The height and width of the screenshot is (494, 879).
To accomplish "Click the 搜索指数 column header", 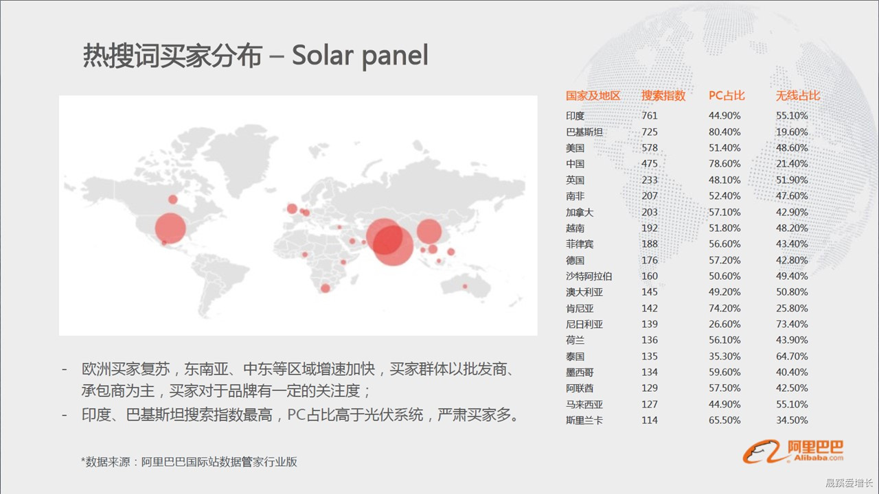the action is point(663,95).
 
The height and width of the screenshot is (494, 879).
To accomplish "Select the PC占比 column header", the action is point(727,95).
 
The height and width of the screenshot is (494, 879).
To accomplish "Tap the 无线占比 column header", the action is point(798,95).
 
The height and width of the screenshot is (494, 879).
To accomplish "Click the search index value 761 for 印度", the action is point(650,116).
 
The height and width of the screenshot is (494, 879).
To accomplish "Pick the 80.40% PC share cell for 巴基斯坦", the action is point(724,132).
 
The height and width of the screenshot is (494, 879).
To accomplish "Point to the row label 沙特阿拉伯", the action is point(589,276).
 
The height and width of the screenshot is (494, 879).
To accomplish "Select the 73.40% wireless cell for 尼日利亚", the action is point(792,325).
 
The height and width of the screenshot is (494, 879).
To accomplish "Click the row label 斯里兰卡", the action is point(584,421).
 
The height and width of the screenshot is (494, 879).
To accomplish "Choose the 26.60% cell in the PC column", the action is point(724,325).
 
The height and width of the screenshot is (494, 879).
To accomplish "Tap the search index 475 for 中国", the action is point(650,163).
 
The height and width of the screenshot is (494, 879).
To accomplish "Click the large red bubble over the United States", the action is point(170,228).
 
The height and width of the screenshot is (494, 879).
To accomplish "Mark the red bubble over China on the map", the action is point(429,231).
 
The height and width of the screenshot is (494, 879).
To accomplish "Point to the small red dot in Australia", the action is point(465,287).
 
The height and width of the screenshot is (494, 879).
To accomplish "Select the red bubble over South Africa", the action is point(326,289).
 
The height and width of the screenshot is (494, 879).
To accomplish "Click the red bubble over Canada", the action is point(173,200).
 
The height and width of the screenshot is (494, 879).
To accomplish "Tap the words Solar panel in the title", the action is point(360,56).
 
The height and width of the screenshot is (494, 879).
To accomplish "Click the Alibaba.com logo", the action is point(792,451).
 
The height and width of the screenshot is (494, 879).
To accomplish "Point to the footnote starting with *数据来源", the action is point(189,462).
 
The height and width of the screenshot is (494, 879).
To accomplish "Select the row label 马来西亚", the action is point(584,404).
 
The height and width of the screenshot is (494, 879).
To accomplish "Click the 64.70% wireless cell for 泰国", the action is point(792,356).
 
